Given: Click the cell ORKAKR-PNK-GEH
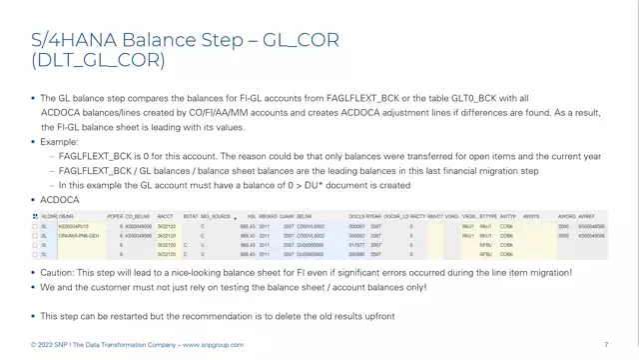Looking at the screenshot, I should pos(78,235).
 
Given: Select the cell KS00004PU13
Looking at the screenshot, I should pos(74,227).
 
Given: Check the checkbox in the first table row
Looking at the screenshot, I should pos(35,227).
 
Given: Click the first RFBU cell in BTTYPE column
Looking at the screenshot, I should pos(487,244).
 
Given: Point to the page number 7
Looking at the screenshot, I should pos(606,345).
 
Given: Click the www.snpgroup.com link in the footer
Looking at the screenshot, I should pos(211,345).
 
